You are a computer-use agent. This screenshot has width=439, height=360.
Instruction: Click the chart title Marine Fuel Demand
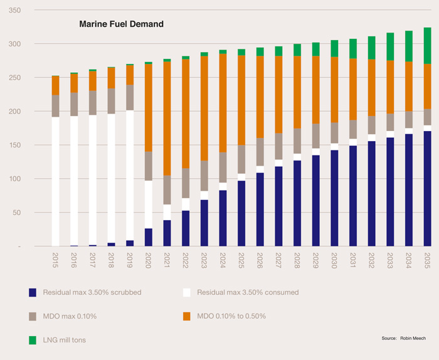(121, 24)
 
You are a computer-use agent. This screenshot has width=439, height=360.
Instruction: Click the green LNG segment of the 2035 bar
(427, 45)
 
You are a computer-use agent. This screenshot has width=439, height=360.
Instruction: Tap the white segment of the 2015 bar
(55, 182)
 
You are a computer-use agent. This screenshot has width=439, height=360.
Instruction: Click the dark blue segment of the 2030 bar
(334, 198)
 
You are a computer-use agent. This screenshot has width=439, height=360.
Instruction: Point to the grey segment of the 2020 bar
(148, 166)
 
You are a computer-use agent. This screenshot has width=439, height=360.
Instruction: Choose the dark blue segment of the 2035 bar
(427, 188)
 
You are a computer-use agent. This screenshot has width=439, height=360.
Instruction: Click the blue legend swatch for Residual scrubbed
(33, 293)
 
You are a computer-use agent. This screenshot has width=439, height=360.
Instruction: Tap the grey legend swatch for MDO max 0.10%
(33, 315)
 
